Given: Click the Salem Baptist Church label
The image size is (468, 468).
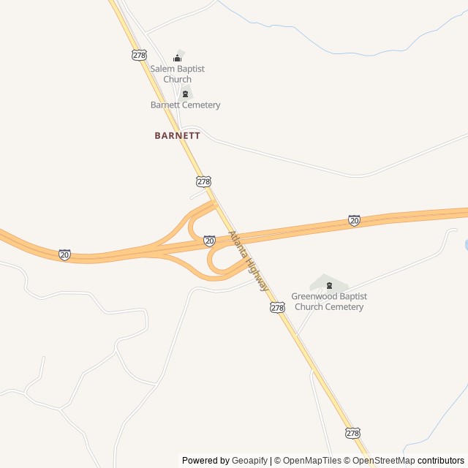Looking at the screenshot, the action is click(x=177, y=74).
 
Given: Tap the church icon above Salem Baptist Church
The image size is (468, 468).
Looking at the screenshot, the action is click(x=177, y=58).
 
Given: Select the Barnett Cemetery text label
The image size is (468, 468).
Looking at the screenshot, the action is click(x=185, y=105).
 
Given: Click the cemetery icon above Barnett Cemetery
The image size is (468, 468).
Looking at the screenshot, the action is click(x=185, y=94).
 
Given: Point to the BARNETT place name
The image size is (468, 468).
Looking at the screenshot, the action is click(x=177, y=135).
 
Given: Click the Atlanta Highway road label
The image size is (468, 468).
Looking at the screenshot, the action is click(x=249, y=261).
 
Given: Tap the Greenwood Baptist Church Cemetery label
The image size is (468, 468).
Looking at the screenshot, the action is click(x=328, y=301).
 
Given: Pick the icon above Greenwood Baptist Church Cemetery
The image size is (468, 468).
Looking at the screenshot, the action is click(x=328, y=285).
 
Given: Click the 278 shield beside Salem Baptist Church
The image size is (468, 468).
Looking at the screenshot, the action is click(x=140, y=55).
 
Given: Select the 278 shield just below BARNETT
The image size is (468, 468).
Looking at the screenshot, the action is click(x=203, y=181).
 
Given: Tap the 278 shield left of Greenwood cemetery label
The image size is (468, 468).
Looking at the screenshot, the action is click(x=276, y=308).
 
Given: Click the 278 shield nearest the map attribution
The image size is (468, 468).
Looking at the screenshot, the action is click(x=353, y=433).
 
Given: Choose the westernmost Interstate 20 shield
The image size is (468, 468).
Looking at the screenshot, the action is click(x=64, y=254).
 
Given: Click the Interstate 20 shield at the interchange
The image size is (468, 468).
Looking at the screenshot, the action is click(x=209, y=241).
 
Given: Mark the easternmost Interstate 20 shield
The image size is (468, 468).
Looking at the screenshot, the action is click(x=354, y=220).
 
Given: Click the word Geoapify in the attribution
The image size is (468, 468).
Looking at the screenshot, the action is click(x=249, y=461).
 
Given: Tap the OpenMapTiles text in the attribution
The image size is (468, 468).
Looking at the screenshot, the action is click(x=312, y=461).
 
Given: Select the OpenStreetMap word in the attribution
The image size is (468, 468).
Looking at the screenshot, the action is click(x=383, y=461).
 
